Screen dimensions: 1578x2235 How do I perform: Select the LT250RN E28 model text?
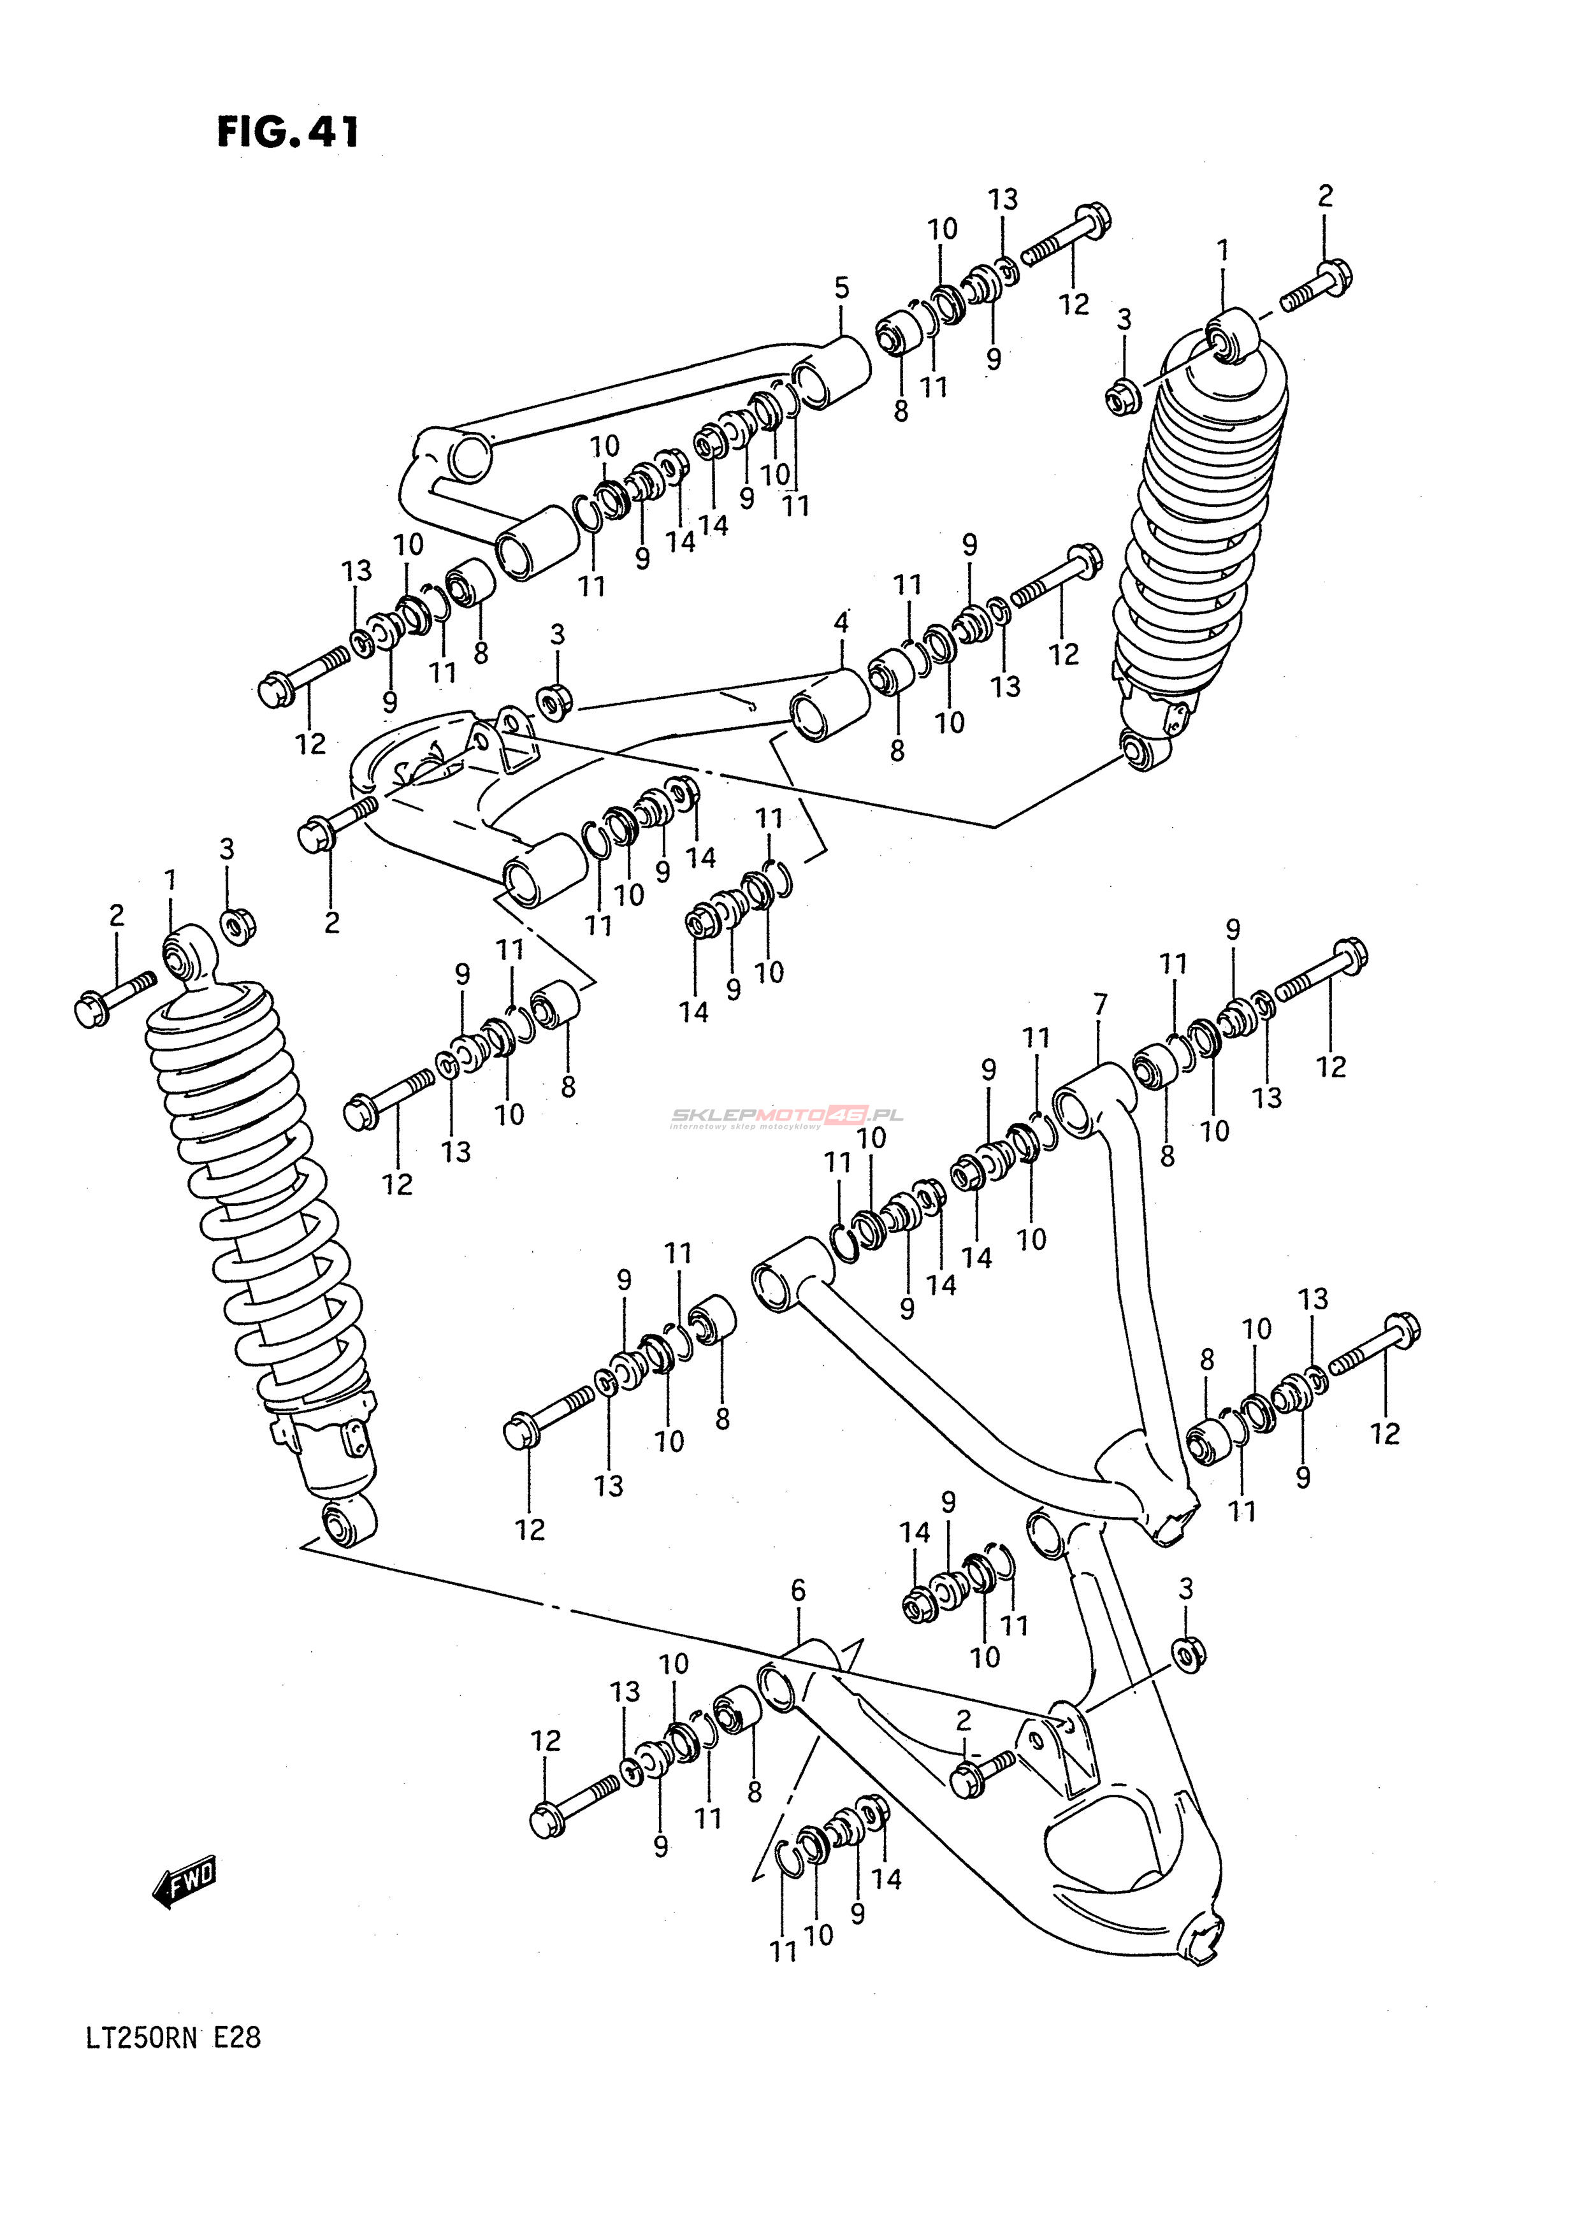pos(172,2038)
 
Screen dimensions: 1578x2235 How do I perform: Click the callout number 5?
pos(841,288)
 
